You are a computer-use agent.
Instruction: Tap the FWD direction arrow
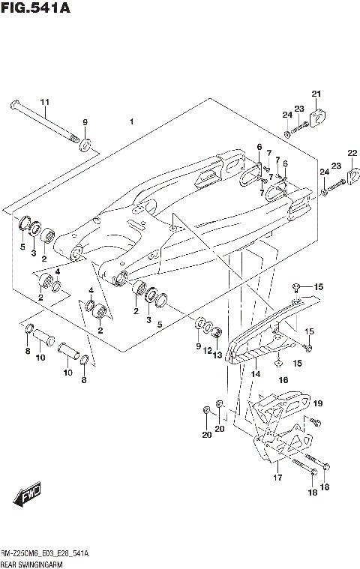26,496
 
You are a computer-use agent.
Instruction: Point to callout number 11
44,102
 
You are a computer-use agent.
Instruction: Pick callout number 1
130,121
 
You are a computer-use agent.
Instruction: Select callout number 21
316,94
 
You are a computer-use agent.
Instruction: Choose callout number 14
255,373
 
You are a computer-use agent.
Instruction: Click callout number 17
277,477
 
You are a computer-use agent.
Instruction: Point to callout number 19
317,403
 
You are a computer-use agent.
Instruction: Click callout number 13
218,355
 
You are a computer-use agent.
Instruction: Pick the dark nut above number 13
217,332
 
